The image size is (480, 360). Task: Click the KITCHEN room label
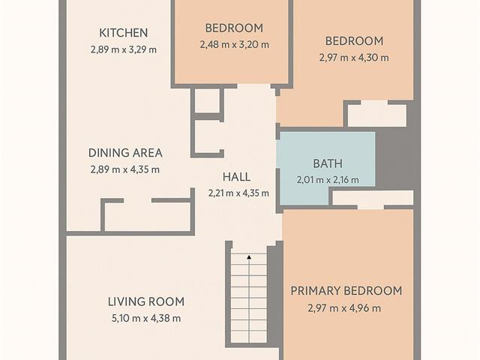click(x=123, y=33)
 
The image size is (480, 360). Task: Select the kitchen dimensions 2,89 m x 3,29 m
click(x=123, y=49)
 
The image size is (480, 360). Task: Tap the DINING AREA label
click(x=125, y=153)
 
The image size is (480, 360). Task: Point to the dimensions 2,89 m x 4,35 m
click(x=125, y=169)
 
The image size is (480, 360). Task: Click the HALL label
click(x=236, y=177)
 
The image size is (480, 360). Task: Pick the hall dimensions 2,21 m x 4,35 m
click(x=238, y=193)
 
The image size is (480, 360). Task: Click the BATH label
click(x=328, y=163)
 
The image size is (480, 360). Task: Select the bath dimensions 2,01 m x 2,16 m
click(x=328, y=180)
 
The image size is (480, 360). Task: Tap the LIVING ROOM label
click(x=146, y=301)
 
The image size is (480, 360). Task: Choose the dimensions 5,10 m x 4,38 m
click(x=146, y=318)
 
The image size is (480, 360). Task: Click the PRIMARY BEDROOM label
click(x=346, y=291)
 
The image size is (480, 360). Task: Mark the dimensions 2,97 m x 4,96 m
click(x=344, y=308)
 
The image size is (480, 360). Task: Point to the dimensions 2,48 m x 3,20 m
click(x=234, y=45)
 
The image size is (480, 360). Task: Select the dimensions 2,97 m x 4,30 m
click(x=354, y=58)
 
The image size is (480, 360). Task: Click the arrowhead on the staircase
click(x=249, y=257)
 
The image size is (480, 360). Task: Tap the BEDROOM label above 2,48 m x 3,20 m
click(x=234, y=28)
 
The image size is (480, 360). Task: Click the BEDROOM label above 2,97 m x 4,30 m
click(x=354, y=41)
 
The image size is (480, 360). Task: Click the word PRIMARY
click(x=316, y=291)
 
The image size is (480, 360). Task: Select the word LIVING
click(x=124, y=301)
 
